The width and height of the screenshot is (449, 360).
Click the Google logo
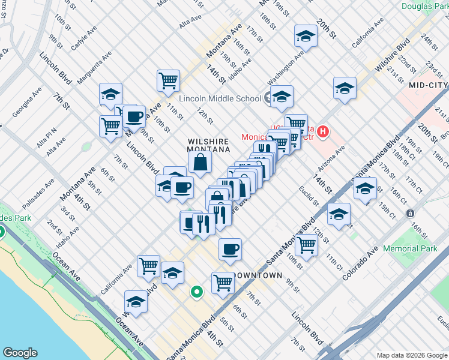[x=20, y=353]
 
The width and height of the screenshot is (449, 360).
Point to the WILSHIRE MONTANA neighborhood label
[x=208, y=145]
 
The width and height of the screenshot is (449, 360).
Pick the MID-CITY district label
[x=428, y=86]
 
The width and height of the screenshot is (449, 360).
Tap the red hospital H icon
[x=324, y=131]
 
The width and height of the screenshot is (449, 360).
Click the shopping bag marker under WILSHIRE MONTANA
[x=200, y=161]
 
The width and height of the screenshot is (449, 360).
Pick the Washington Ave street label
[x=286, y=71]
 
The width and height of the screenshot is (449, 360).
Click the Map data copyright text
[x=411, y=355]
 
